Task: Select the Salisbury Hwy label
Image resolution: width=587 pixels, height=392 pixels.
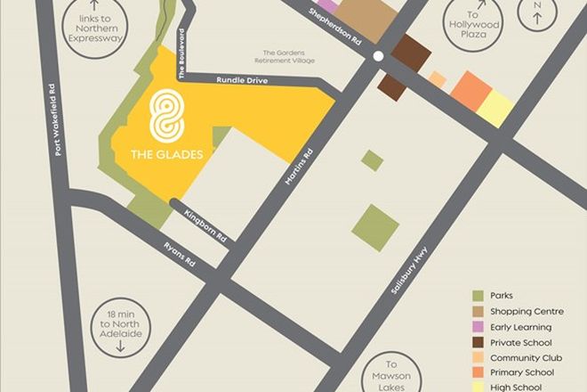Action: coord(409,269)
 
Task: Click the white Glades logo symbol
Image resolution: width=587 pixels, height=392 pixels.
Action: coord(166,115)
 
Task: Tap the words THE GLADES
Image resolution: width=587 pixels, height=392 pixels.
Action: coord(166,154)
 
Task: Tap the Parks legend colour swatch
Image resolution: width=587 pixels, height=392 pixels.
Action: coord(478,295)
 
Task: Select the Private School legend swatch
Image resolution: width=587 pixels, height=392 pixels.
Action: coord(478,341)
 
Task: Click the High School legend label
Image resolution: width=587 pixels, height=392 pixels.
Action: coord(515,388)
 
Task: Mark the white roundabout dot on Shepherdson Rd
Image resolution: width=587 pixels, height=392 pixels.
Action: coord(378,56)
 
